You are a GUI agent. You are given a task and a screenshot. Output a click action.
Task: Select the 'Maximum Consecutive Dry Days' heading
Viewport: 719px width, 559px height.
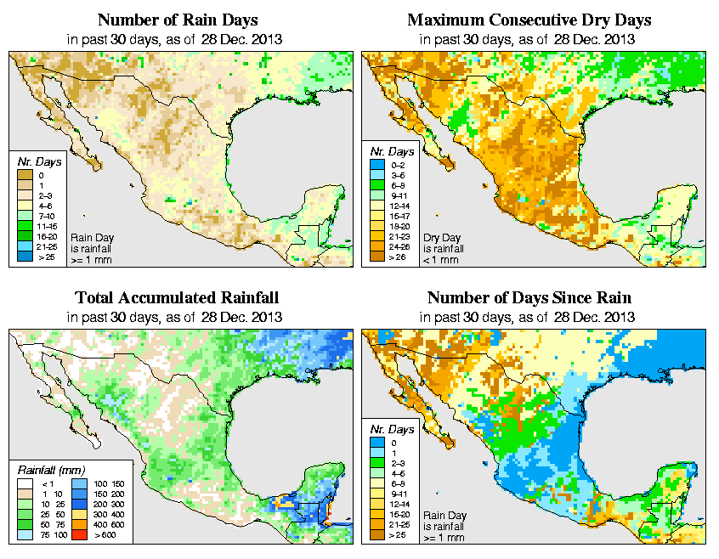[529, 20]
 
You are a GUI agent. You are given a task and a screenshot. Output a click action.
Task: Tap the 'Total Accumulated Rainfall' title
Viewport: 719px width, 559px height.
[177, 298]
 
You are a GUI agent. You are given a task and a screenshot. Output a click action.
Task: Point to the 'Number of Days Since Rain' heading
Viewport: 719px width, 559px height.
[529, 298]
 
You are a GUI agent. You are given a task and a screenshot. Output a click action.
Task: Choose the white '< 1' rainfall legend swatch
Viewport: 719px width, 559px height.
[25, 483]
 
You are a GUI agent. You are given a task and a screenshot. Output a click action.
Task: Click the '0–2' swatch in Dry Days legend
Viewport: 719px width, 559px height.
[376, 174]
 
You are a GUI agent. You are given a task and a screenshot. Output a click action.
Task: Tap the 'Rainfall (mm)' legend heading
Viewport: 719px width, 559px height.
[49, 469]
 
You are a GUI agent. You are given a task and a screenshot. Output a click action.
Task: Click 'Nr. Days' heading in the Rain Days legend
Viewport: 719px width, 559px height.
[35, 161]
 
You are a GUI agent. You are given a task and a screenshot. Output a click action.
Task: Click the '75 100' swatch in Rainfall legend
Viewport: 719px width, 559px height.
[25, 537]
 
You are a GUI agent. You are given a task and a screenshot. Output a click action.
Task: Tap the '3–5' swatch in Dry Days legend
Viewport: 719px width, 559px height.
[376, 184]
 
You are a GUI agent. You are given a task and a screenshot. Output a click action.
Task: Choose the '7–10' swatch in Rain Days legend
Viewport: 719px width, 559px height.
[25, 217]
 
